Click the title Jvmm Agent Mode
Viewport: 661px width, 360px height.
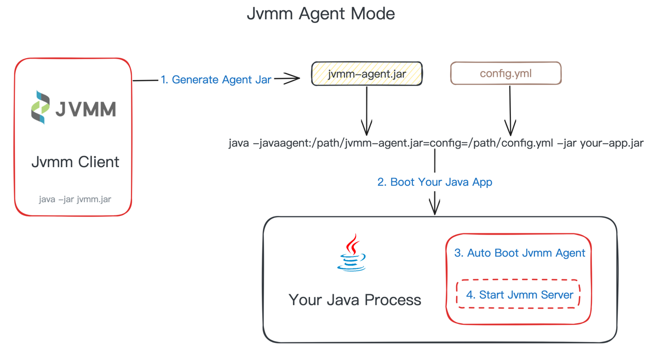(320, 13)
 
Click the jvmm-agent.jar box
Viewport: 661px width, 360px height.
(366, 74)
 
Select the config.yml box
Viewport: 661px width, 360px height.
(505, 73)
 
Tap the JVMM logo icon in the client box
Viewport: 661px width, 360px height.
(41, 107)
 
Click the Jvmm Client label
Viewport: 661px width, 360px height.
(75, 162)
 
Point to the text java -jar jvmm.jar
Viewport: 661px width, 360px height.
(75, 199)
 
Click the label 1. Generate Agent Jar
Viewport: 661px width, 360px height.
(216, 80)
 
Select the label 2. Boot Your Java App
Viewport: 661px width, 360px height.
(434, 182)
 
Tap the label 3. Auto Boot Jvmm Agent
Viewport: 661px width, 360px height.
(519, 253)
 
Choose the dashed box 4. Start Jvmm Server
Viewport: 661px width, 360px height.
(519, 295)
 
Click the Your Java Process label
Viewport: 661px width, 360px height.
(354, 300)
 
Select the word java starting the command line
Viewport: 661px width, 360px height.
(239, 144)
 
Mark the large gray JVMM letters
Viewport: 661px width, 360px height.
(85, 109)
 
